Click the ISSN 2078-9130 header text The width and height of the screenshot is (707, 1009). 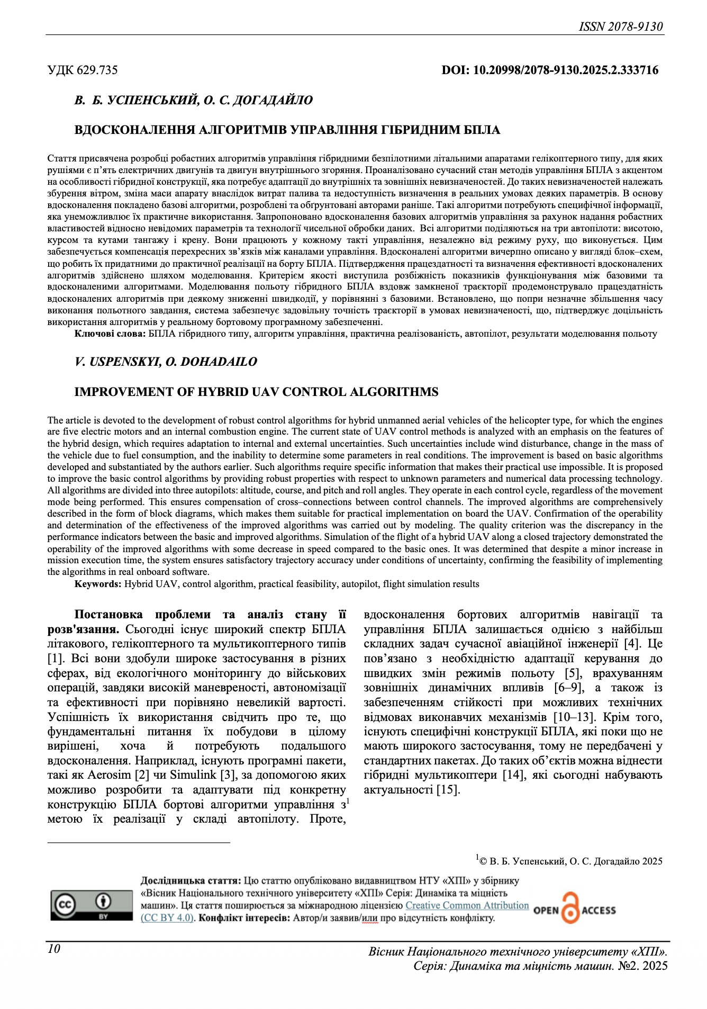(621, 26)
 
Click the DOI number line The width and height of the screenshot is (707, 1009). (550, 70)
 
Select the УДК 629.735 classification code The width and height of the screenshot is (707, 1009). (83, 70)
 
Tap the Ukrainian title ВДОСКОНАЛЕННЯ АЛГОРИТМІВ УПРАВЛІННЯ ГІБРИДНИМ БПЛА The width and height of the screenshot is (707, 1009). (287, 130)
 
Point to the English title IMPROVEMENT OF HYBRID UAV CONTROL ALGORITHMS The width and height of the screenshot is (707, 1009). (256, 392)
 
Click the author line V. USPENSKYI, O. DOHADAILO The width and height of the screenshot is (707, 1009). (166, 362)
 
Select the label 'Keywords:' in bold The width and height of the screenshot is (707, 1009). (98, 584)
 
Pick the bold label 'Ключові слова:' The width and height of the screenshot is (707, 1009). (110, 334)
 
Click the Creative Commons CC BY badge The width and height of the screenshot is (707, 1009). (92, 905)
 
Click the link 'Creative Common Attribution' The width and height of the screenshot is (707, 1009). (467, 905)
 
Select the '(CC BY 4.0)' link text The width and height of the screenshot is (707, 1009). (167, 917)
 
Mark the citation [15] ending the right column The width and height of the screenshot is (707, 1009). (448, 790)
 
